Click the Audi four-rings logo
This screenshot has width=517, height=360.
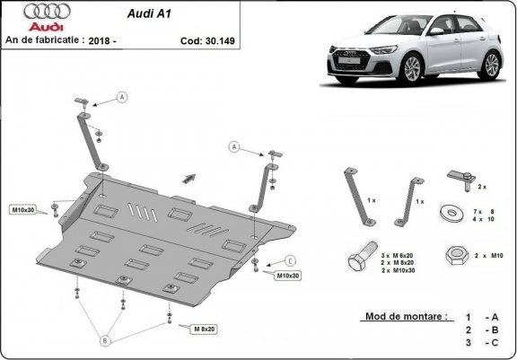27,12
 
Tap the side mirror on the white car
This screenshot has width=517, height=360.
435,31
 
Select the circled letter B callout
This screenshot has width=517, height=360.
105,340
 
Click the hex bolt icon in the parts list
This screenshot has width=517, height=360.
359,259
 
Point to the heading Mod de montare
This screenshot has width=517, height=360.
406,317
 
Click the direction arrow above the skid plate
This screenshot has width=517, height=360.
189,175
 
